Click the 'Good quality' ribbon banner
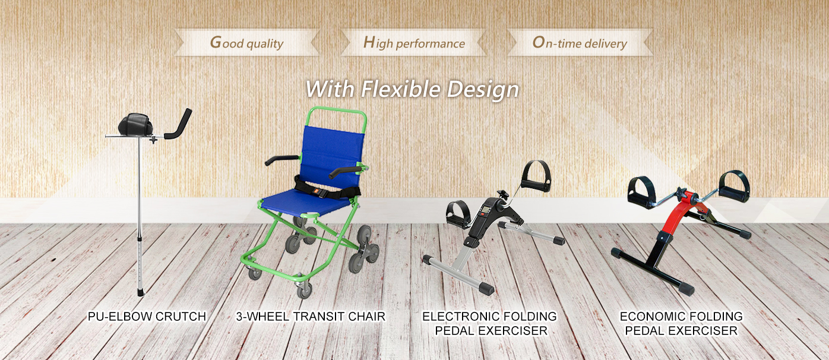[x=247, y=43]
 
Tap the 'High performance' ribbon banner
[x=413, y=43]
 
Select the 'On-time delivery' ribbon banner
[x=580, y=43]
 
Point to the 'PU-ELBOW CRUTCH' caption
[x=147, y=316]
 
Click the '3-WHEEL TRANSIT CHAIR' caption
[x=311, y=316]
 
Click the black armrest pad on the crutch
[x=135, y=124]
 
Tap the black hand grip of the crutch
[x=179, y=124]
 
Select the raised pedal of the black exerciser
[x=536, y=176]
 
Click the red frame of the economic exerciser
[x=679, y=215]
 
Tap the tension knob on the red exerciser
[x=681, y=192]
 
